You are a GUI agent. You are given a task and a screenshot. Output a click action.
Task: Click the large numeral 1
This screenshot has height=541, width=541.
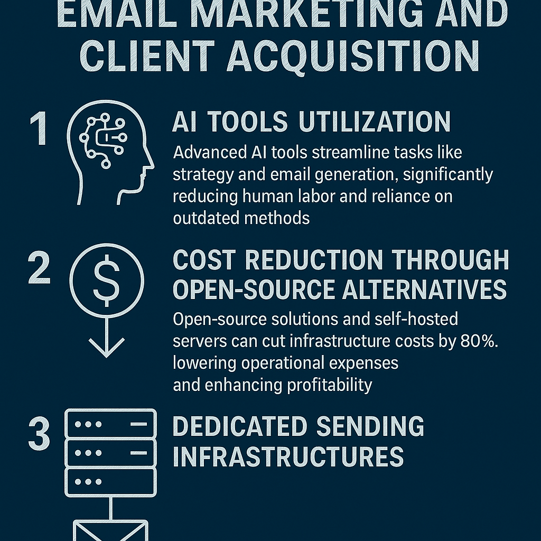(39, 128)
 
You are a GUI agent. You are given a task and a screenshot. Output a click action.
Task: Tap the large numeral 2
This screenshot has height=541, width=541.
(39, 268)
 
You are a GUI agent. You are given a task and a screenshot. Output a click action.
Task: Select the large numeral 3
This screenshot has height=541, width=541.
(39, 433)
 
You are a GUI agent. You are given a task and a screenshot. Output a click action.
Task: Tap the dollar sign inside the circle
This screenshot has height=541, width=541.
(107, 281)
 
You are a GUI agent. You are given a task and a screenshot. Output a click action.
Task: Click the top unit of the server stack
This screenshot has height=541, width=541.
(110, 424)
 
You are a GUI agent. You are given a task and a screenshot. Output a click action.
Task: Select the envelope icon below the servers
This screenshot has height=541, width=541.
(110, 530)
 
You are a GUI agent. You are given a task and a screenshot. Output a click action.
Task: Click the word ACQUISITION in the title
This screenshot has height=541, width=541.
(352, 56)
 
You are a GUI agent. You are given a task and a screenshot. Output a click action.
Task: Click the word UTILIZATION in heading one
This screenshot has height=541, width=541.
(375, 122)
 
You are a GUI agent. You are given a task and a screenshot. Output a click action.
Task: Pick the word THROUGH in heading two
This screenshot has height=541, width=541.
(450, 260)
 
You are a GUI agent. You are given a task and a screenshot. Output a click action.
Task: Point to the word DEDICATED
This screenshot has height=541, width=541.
(240, 426)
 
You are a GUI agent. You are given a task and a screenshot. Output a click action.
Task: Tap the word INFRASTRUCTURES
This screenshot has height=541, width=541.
(288, 456)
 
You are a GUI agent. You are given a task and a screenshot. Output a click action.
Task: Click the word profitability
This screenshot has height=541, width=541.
(330, 385)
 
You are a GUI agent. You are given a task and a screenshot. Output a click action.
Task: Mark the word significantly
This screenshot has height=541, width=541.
(448, 174)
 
